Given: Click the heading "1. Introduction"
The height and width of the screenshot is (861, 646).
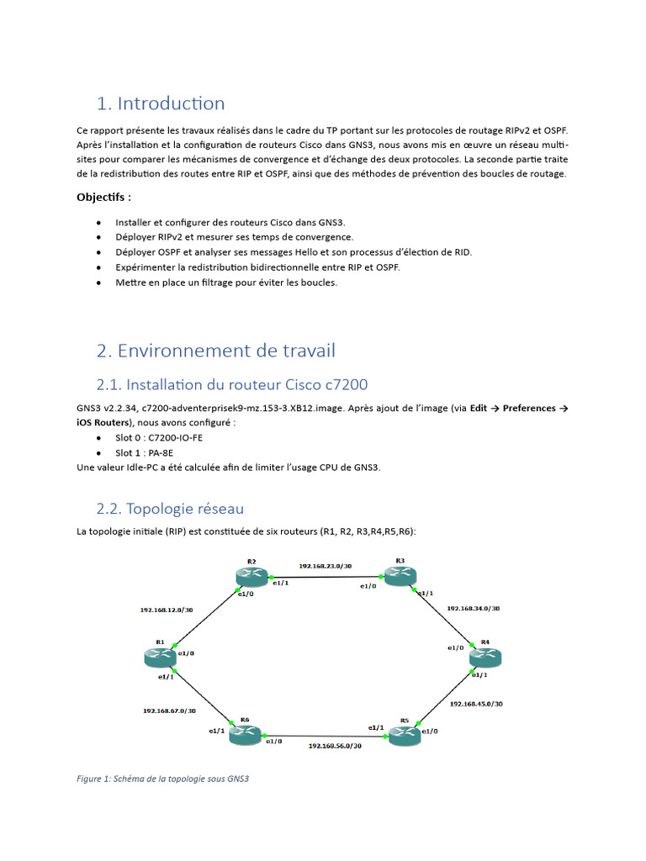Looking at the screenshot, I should (x=161, y=103).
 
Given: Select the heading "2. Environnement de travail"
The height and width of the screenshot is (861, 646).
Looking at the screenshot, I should (x=216, y=350).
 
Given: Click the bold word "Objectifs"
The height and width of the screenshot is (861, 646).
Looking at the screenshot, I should (x=101, y=197).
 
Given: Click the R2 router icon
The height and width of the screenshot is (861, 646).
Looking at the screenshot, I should (x=251, y=576).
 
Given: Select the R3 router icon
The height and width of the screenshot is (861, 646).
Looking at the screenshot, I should (x=400, y=576).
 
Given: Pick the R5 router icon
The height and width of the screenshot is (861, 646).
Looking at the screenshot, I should (x=404, y=735).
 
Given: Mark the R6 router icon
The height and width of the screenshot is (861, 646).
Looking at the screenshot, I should (x=245, y=735).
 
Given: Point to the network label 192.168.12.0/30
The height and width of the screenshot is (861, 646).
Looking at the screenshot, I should (x=167, y=610).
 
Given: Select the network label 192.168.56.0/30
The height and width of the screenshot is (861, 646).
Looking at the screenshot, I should (x=335, y=745).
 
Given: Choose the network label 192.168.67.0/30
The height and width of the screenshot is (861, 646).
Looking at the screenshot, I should (x=169, y=710).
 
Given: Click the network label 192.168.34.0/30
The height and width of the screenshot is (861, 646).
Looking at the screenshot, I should (x=474, y=608).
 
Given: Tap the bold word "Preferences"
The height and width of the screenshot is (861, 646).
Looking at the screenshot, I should (x=530, y=408).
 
